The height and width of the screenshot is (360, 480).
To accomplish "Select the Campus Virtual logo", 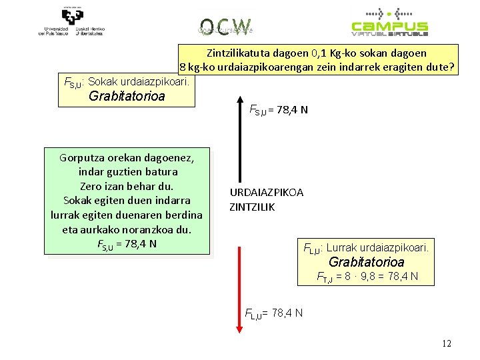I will pyautogui.click(x=390, y=21).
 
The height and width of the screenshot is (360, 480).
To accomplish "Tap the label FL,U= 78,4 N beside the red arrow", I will pyautogui.click(x=274, y=312).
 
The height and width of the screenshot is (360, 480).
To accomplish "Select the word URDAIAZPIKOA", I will pyautogui.click(x=267, y=193).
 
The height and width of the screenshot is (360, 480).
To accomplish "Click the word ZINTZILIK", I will pyautogui.click(x=252, y=207).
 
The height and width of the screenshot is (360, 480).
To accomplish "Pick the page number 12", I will pyautogui.click(x=446, y=344).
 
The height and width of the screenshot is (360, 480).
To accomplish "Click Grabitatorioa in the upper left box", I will pyautogui.click(x=127, y=97).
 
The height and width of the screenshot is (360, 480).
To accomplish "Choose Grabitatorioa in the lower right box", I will pyautogui.click(x=367, y=262).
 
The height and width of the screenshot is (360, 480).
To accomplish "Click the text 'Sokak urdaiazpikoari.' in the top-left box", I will pyautogui.click(x=140, y=82).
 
